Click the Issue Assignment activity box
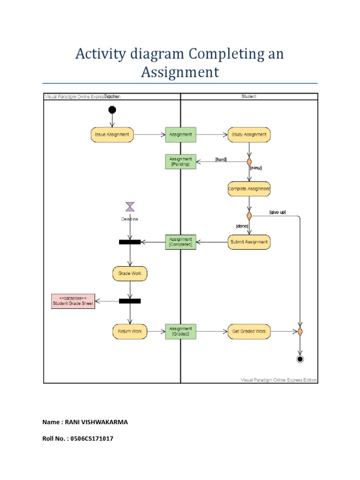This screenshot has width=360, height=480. pyautogui.click(x=112, y=135)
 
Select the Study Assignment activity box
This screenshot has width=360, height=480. pyautogui.click(x=249, y=135)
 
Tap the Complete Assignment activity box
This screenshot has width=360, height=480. pyautogui.click(x=249, y=189)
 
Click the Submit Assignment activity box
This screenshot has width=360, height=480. pyautogui.click(x=249, y=242)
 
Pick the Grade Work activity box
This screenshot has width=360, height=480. pyautogui.click(x=130, y=273)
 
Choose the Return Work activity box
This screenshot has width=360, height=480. pyautogui.click(x=130, y=331)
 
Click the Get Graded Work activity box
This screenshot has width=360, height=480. pyautogui.click(x=249, y=331)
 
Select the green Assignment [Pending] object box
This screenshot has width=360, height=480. pyautogui.click(x=180, y=162)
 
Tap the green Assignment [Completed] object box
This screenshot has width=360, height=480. pyautogui.click(x=180, y=242)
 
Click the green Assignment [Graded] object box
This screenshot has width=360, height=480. pyautogui.click(x=180, y=331)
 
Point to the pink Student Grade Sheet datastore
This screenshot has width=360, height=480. pyautogui.click(x=73, y=301)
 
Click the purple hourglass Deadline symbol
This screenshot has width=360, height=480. pyautogui.click(x=130, y=207)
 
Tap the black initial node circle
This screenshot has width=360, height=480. pyautogui.click(x=112, y=110)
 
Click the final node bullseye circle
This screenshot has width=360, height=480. pyautogui.click(x=300, y=359)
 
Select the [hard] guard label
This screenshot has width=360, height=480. pyautogui.click(x=221, y=159)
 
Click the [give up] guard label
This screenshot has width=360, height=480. pyautogui.click(x=277, y=212)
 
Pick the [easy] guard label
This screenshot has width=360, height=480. pyautogui.click(x=255, y=167)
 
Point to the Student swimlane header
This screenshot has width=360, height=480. pyautogui.click(x=249, y=97)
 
